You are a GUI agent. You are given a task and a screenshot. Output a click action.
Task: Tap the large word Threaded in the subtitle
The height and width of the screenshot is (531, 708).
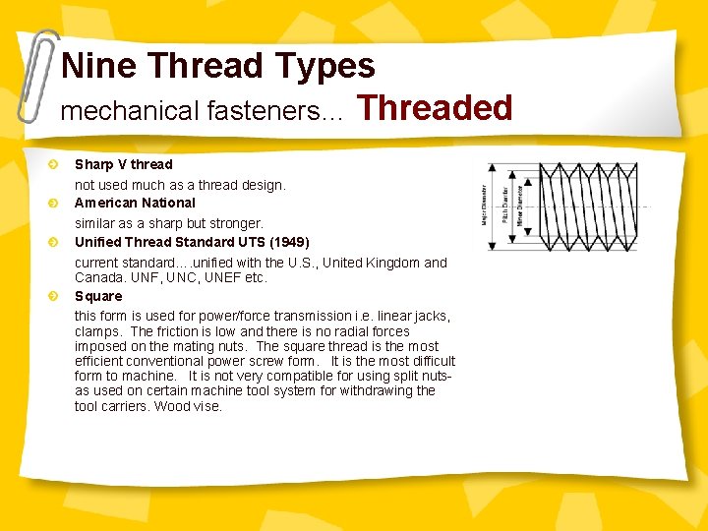pyautogui.click(x=436, y=107)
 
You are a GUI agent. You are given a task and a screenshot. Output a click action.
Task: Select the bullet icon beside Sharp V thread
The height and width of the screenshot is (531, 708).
pyautogui.click(x=56, y=164)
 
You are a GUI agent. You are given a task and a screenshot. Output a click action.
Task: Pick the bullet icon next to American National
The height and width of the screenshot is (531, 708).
pyautogui.click(x=56, y=203)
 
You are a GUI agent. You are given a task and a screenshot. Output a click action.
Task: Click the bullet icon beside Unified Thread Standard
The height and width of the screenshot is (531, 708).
pyautogui.click(x=56, y=242)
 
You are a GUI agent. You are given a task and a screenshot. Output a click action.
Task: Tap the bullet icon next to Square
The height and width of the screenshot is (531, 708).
pyautogui.click(x=56, y=296)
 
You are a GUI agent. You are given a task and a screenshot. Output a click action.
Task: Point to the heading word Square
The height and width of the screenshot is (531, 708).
pyautogui.click(x=98, y=296)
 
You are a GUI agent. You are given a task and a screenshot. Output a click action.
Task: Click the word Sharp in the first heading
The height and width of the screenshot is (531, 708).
pyautogui.click(x=93, y=164)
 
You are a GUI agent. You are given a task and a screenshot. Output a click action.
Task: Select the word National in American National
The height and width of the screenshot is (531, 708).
pyautogui.click(x=168, y=203)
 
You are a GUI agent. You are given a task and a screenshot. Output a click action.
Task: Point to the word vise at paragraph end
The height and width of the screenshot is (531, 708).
pyautogui.click(x=207, y=406)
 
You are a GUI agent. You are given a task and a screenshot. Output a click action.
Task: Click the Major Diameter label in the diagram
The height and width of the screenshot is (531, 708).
pyautogui.click(x=485, y=204)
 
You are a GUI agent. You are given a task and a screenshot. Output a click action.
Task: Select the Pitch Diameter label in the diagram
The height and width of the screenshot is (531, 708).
pyautogui.click(x=505, y=204)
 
